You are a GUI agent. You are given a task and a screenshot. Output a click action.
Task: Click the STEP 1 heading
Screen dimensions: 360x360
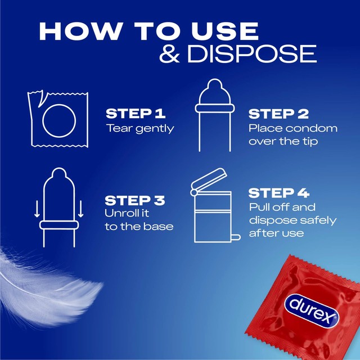136,114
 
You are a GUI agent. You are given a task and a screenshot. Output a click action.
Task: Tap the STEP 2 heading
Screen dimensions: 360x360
278,114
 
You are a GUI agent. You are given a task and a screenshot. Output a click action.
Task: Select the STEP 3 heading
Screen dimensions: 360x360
135,200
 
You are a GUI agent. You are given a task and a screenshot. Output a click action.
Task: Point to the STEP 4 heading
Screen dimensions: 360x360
279,193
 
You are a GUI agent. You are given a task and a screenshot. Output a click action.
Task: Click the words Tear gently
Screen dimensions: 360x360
140,129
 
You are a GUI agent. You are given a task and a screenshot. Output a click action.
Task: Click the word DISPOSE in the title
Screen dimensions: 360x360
252,54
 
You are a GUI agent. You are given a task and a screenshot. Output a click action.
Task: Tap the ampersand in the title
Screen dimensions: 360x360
169,54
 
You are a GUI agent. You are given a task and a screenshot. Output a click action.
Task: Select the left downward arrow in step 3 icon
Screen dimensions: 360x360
37,209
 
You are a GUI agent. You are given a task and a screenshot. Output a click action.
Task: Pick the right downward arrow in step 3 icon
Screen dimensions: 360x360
80,209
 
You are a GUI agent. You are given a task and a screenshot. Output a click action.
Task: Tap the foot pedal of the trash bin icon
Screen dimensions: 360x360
236,237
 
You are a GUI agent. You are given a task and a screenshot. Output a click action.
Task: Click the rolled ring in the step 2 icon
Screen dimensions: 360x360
215,108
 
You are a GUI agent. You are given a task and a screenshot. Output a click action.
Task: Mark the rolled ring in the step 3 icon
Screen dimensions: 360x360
59,225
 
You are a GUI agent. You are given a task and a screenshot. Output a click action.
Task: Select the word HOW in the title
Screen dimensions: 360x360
80,31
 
